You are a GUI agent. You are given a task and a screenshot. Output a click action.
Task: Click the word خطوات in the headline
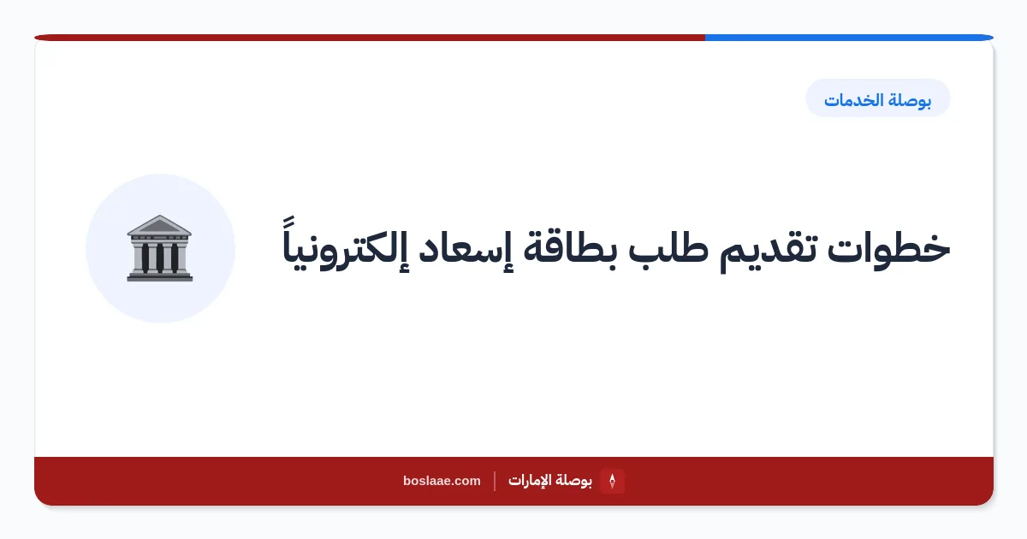click(x=888, y=249)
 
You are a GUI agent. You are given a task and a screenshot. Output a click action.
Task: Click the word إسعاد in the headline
click(x=460, y=249)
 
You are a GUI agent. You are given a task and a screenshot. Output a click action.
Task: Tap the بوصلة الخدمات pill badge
click(x=877, y=98)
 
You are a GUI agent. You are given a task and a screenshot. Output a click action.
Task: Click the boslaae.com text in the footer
click(x=442, y=481)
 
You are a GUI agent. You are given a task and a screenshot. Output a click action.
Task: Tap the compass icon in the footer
click(x=612, y=481)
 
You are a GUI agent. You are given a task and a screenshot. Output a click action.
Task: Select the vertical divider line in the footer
click(x=495, y=481)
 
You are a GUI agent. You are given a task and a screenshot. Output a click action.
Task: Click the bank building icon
click(x=159, y=248)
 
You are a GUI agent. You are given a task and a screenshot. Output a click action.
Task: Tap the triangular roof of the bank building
click(x=159, y=225)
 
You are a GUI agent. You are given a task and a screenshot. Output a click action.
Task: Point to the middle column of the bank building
click(x=160, y=258)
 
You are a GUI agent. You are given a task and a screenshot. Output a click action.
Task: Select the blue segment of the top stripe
click(x=849, y=38)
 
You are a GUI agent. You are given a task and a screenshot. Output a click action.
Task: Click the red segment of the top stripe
click(x=370, y=38)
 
